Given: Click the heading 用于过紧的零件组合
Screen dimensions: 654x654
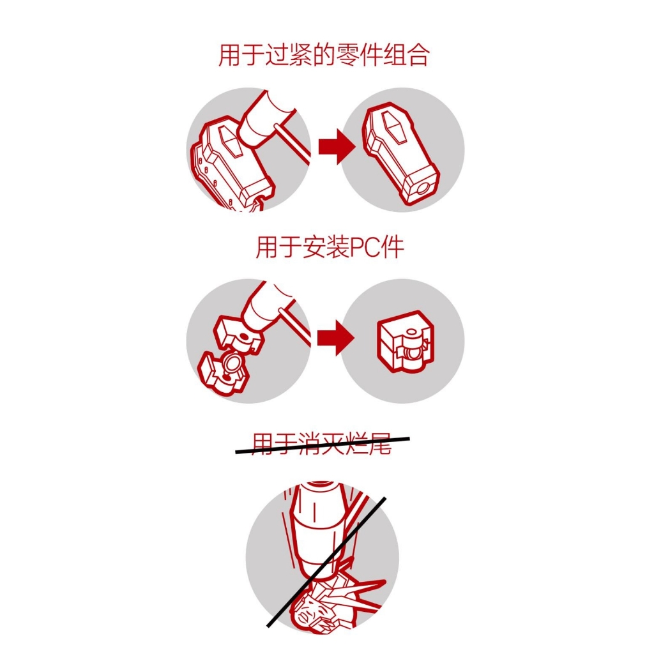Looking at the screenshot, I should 323,56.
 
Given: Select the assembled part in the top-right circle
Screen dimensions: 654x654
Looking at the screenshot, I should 402,153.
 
